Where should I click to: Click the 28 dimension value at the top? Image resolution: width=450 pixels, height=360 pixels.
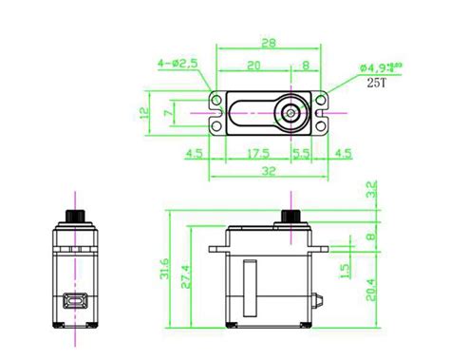point(269,43)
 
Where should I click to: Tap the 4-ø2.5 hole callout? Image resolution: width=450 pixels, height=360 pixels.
point(177,64)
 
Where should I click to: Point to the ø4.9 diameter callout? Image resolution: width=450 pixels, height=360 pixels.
point(375,66)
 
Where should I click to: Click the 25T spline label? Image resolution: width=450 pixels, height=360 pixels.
point(377,82)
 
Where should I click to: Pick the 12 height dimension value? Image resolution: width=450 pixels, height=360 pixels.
point(144,112)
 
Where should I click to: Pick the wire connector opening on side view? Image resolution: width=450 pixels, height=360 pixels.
point(71,303)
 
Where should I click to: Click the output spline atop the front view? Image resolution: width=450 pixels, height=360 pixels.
point(289,210)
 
